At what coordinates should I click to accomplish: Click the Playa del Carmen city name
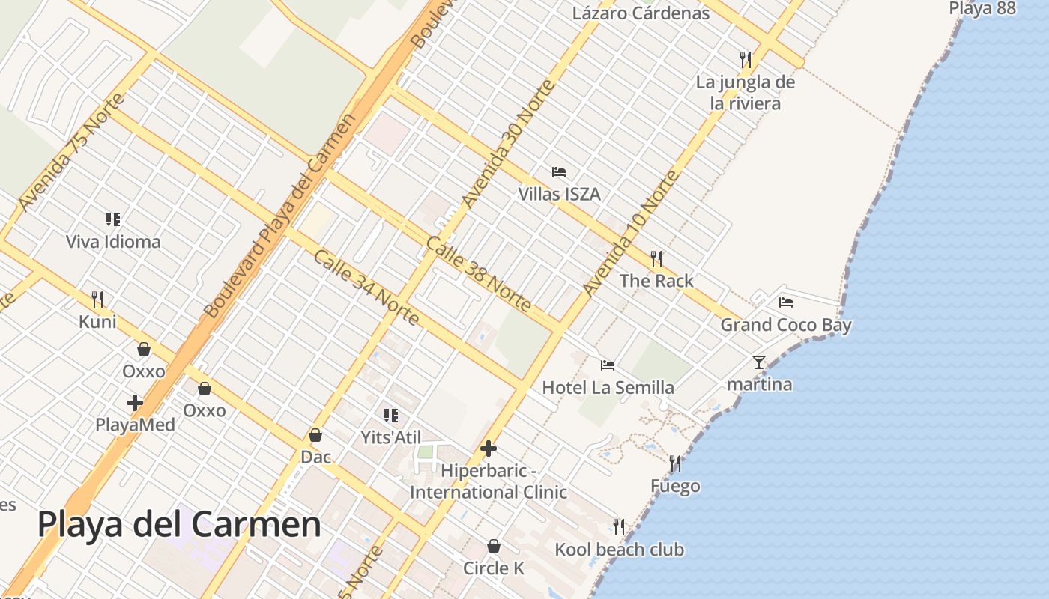point(179,524)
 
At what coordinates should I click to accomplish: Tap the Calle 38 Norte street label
point(479,274)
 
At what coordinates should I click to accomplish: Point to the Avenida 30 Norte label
point(509,144)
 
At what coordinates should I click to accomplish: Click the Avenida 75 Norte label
point(71,152)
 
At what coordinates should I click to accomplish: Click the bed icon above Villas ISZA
point(559,172)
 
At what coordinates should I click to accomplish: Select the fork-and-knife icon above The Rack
point(656,259)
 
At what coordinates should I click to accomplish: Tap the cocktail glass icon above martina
point(759,362)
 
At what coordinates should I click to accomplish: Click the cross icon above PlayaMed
point(135,403)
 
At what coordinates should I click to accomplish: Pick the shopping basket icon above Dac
point(315,435)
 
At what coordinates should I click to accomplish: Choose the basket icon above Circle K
point(494,546)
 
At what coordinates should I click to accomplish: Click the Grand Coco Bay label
point(786,325)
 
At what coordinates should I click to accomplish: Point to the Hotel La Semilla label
point(608,387)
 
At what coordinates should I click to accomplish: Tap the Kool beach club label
point(619,550)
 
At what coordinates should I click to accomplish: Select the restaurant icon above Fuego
point(675,464)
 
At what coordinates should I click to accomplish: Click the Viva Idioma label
point(113,242)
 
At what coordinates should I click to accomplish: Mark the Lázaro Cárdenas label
point(641,13)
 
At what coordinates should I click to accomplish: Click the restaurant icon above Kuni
point(97,299)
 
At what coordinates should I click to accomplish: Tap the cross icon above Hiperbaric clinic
point(489,449)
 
